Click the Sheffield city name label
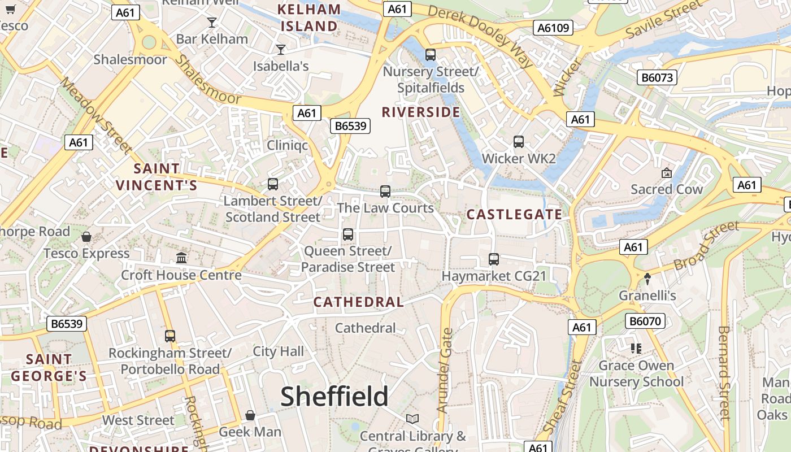(x=334, y=397)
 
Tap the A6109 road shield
(x=554, y=28)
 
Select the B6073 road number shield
(x=658, y=77)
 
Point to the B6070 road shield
(x=645, y=321)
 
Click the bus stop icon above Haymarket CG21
(x=494, y=259)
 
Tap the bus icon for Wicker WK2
(x=519, y=142)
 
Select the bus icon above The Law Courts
(x=385, y=192)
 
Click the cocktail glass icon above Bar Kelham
(x=212, y=23)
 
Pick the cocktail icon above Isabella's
(x=281, y=50)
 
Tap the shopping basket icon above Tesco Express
(x=86, y=237)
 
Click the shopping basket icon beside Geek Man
(x=250, y=416)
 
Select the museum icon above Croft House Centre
(x=181, y=258)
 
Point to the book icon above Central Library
(x=412, y=419)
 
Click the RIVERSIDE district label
(x=421, y=112)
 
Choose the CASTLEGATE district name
(x=514, y=215)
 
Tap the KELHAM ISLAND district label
(x=310, y=18)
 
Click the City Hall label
(x=278, y=351)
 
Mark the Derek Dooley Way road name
(x=480, y=37)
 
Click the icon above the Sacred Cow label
(x=667, y=173)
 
